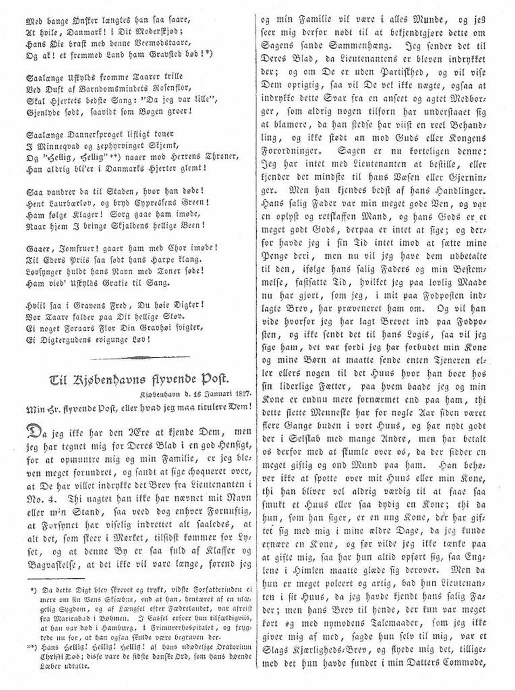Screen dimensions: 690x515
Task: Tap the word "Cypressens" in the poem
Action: coord(153,203)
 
